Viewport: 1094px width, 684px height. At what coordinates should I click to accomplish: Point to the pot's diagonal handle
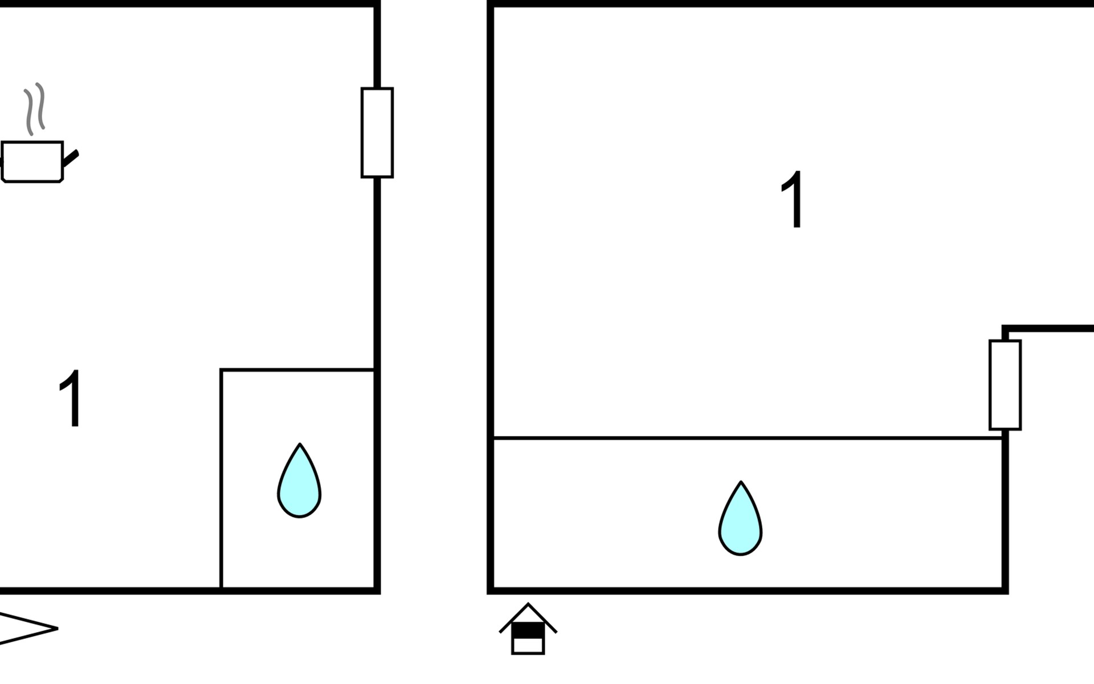[70, 159]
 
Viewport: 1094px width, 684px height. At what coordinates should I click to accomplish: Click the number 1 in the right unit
[792, 199]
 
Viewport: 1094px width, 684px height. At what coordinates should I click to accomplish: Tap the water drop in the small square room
[299, 481]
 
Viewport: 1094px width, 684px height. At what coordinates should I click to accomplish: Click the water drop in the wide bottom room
[740, 518]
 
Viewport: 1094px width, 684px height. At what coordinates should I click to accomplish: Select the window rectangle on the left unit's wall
[377, 133]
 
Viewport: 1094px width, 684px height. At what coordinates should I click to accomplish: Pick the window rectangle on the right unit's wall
[1005, 385]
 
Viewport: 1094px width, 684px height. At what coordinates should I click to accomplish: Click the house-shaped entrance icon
[528, 629]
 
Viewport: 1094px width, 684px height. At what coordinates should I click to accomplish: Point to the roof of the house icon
[528, 618]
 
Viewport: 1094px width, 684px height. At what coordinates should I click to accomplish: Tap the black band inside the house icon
[528, 631]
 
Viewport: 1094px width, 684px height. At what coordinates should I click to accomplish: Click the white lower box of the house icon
[528, 645]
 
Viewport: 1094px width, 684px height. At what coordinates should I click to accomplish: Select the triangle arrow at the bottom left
[28, 629]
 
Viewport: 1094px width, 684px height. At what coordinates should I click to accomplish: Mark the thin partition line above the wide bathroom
[748, 438]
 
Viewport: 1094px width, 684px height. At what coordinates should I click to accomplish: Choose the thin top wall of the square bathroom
[297, 370]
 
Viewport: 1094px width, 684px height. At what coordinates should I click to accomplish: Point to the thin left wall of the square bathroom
[221, 479]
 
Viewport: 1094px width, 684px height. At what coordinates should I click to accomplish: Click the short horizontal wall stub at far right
[1048, 328]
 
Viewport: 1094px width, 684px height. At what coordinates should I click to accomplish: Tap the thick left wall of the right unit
[490, 297]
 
